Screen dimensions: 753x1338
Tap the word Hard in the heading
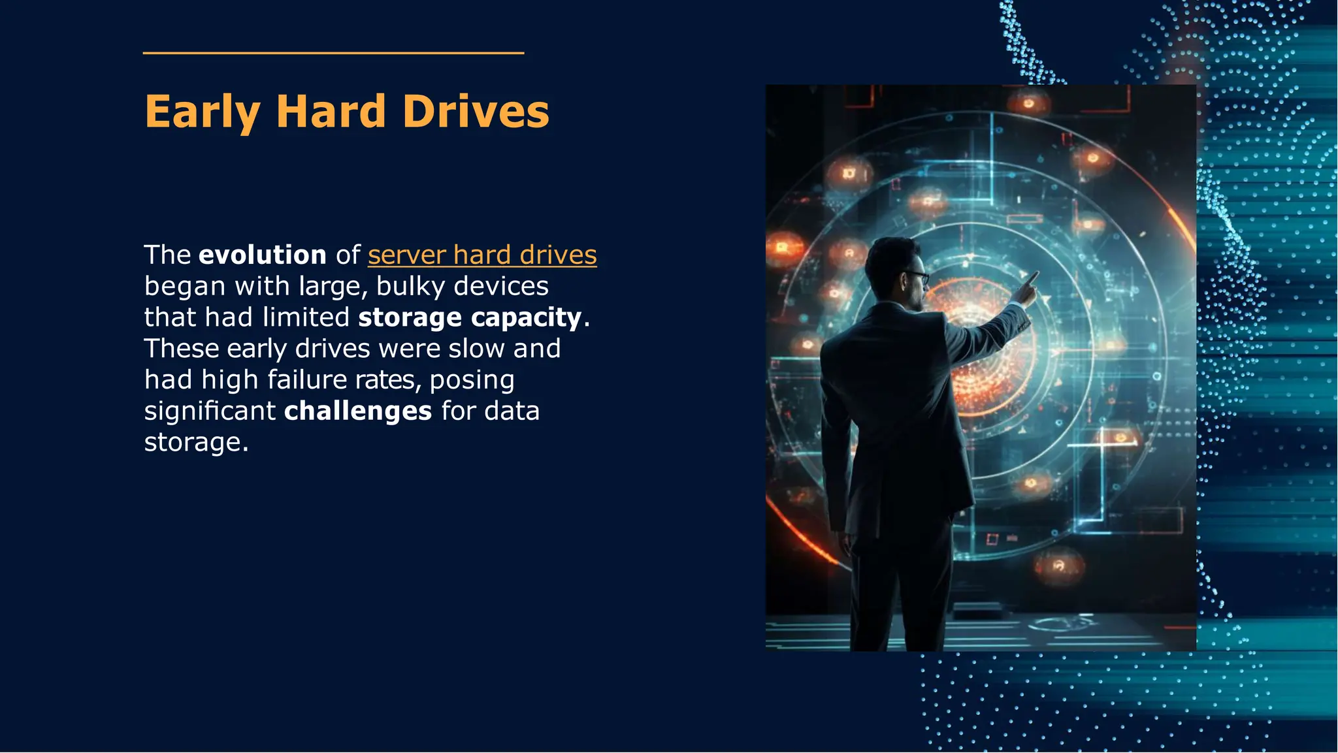331,112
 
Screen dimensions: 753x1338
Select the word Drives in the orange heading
476,112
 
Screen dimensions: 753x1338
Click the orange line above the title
333,53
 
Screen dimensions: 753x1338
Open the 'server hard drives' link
482,255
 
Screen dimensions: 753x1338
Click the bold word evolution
262,255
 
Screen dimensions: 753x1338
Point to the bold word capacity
526,317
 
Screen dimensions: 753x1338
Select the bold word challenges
358,411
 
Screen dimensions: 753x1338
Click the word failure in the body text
307,379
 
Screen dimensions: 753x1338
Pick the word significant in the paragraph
210,411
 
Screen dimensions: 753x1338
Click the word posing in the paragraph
472,380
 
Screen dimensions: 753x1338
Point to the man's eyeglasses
917,276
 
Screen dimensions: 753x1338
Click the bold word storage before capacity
410,317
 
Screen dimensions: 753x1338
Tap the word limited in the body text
306,317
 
